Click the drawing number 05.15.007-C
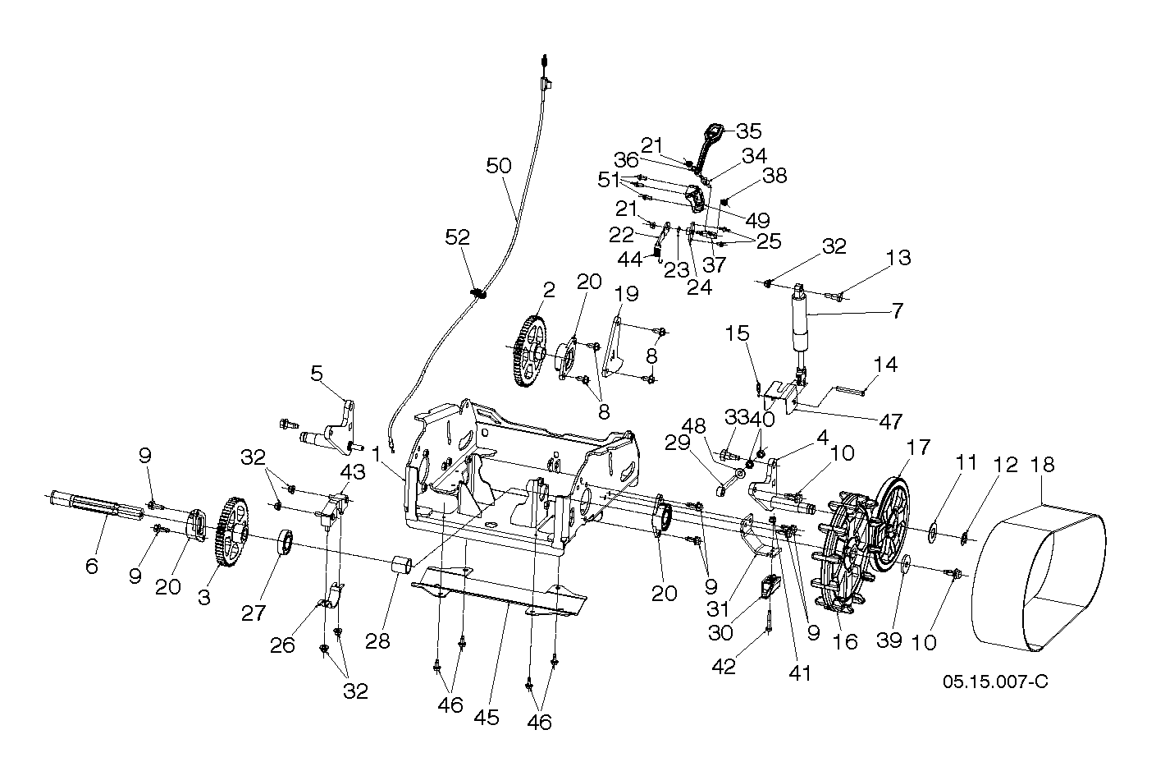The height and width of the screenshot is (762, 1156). [x=995, y=682]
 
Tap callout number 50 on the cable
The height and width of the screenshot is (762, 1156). [x=498, y=165]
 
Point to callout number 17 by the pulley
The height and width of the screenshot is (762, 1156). [x=918, y=448]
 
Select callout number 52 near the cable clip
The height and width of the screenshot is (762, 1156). [x=457, y=237]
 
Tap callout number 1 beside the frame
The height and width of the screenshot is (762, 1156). [x=376, y=452]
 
